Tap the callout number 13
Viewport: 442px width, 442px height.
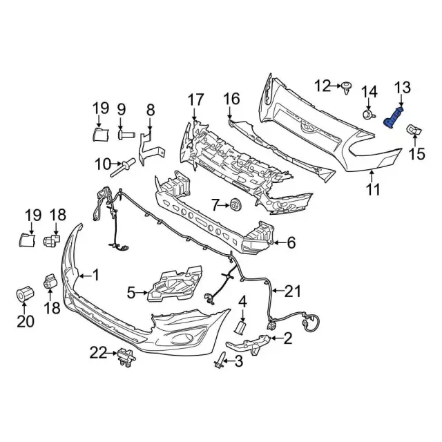click(x=402, y=87)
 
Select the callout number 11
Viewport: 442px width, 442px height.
click(x=374, y=189)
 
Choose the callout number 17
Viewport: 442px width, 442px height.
click(x=196, y=100)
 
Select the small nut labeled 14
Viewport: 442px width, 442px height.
click(x=369, y=114)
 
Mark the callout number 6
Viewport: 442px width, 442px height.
click(x=291, y=242)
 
